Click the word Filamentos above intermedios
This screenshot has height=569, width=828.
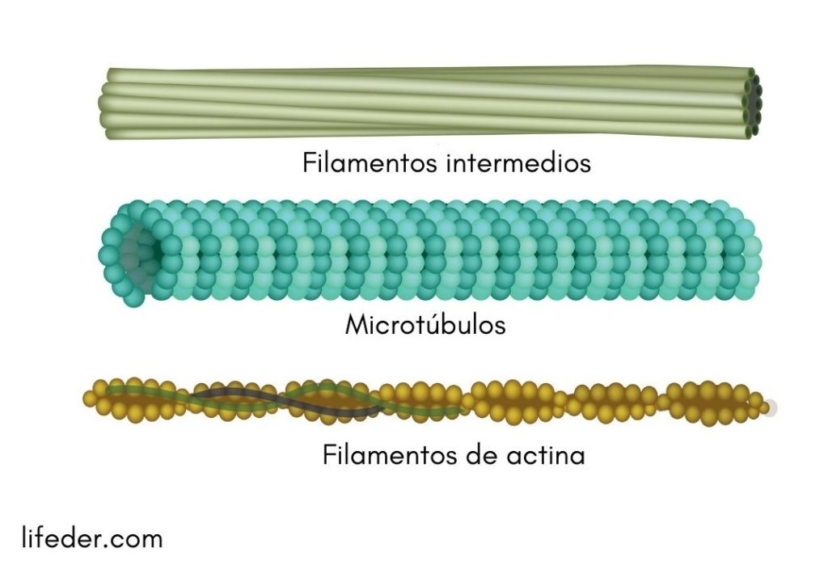[369, 163]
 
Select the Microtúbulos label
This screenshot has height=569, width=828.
[425, 325]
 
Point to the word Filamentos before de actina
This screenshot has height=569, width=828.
[387, 455]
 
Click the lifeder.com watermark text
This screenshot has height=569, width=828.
[91, 537]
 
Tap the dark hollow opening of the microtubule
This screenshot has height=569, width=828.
[139, 251]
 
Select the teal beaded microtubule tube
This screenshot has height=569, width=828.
[437, 251]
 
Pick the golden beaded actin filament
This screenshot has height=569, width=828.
[526, 400]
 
